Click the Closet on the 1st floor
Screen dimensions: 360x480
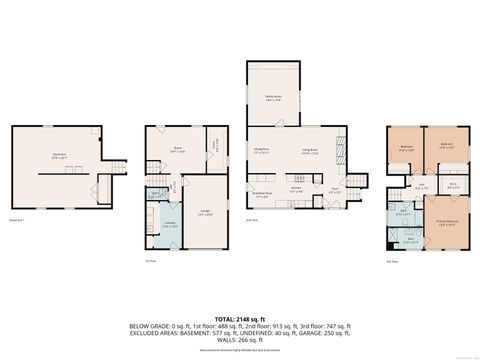click(x=214, y=155)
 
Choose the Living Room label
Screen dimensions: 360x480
click(x=309, y=152)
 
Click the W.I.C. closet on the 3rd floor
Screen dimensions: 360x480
click(x=452, y=184)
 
